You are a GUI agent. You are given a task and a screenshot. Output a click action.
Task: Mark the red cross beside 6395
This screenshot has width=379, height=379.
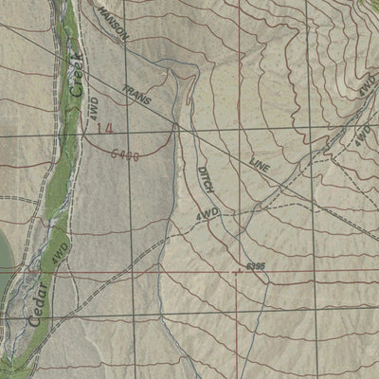[236, 271]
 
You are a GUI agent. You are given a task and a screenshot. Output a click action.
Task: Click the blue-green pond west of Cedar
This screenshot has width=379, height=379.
[4, 251]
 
